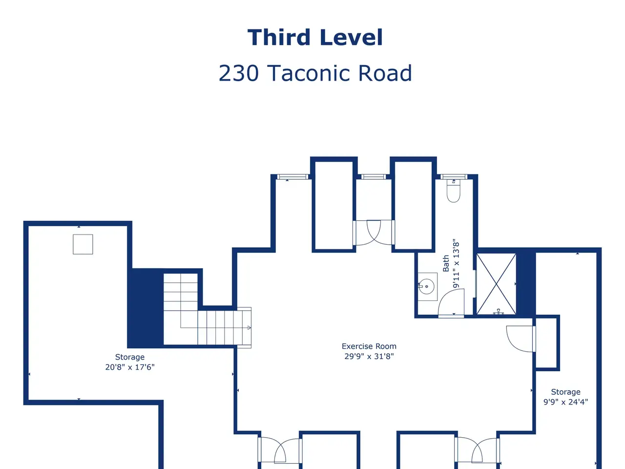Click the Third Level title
click(315, 37)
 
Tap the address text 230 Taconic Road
click(315, 73)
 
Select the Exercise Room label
click(369, 346)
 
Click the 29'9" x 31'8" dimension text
click(369, 356)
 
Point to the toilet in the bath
click(454, 191)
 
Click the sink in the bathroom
click(427, 286)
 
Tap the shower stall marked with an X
click(496, 284)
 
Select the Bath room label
click(446, 263)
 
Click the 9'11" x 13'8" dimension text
click(456, 263)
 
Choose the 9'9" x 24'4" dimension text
click(565, 402)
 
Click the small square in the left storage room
click(83, 244)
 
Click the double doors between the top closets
click(374, 233)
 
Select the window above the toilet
click(454, 177)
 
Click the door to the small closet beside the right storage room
click(521, 339)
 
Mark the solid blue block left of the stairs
click(145, 308)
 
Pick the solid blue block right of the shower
click(526, 284)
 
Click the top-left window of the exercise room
click(292, 177)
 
